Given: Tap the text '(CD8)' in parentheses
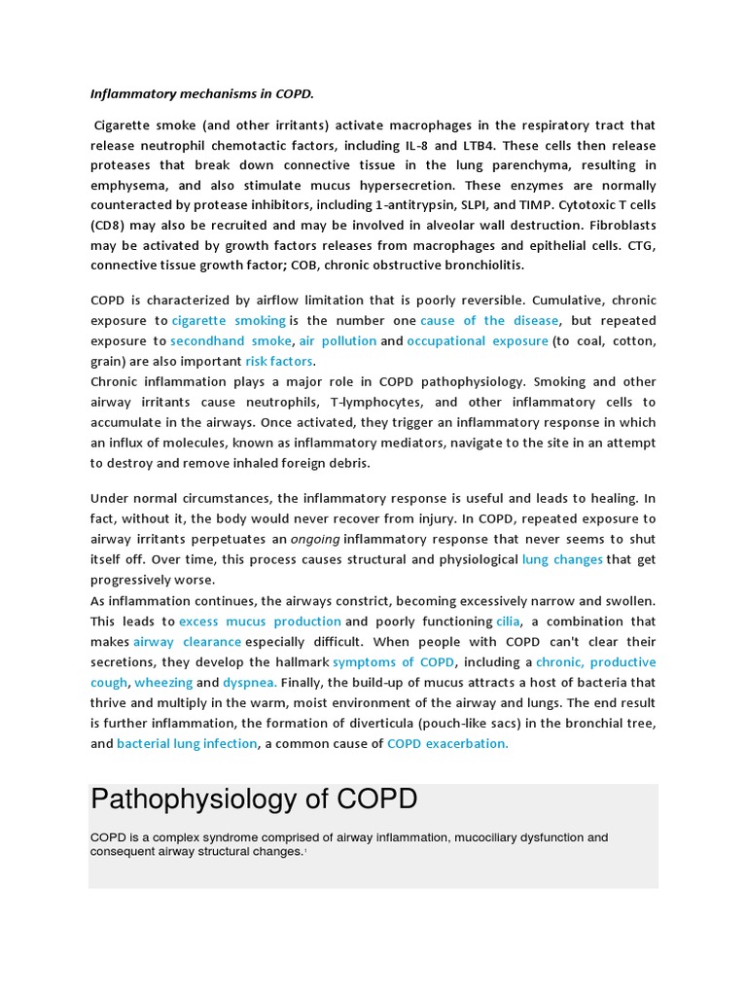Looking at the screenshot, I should (x=110, y=226).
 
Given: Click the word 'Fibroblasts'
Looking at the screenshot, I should (x=619, y=226).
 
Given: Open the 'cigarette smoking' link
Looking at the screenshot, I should (x=229, y=320).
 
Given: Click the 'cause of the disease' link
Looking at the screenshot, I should (x=489, y=320).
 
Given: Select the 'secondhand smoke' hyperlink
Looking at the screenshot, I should (x=231, y=340).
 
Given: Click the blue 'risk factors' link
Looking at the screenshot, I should (x=278, y=361).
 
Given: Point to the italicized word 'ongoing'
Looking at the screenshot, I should (x=315, y=539).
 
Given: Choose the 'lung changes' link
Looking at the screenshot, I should (x=562, y=559).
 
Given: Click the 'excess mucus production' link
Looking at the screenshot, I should (x=260, y=621).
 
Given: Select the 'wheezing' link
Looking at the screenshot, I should (x=162, y=682).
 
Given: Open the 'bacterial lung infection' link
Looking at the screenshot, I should (x=188, y=743).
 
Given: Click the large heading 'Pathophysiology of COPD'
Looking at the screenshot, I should (x=254, y=800).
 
